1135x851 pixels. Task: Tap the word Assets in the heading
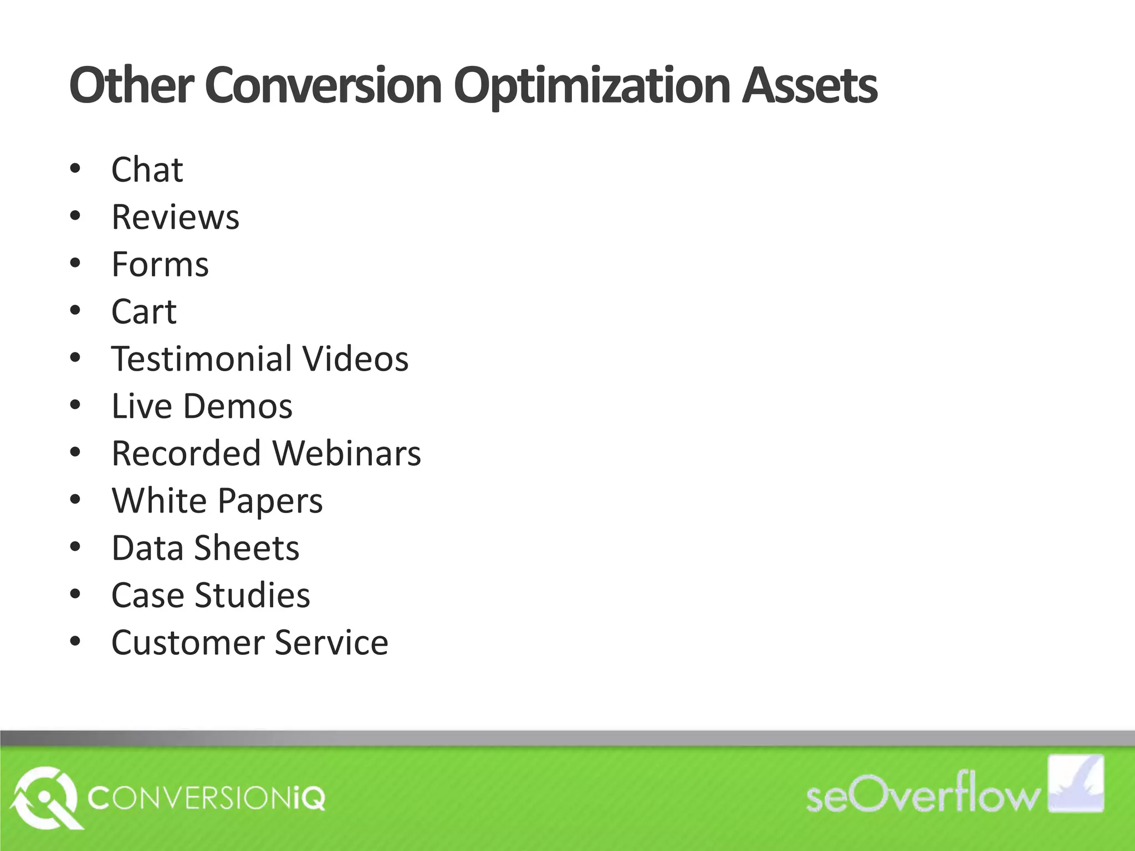coord(809,86)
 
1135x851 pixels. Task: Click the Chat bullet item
coord(147,170)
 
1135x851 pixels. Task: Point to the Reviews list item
coord(175,217)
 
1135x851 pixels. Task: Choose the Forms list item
coord(160,264)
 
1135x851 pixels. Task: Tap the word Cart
coord(144,311)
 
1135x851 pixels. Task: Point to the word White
coord(159,500)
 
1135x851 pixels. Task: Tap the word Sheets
coord(247,548)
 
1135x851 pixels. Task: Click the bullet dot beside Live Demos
coord(75,405)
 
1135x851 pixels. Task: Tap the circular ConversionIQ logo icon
coord(44,798)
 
